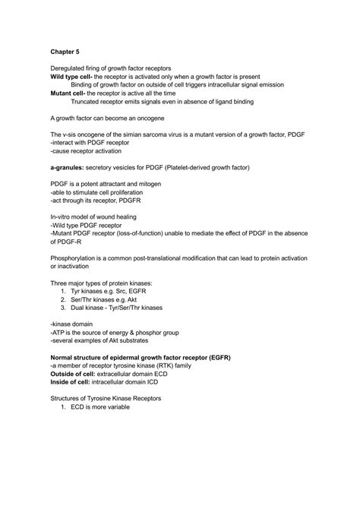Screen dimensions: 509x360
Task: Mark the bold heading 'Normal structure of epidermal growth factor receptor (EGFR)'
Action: [x=141, y=356]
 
